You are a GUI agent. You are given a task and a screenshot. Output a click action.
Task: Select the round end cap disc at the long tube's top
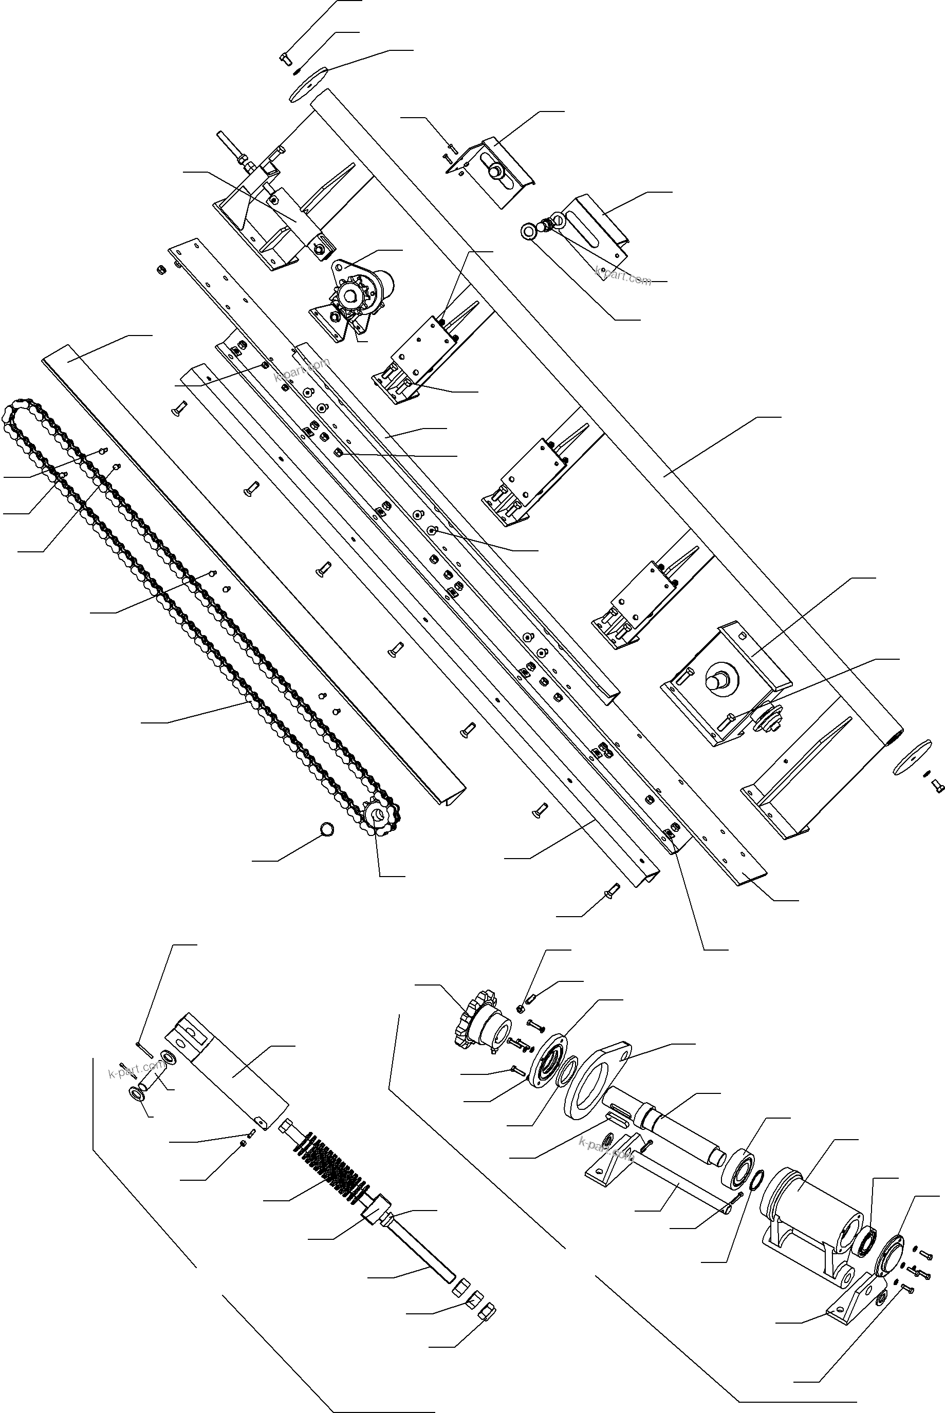[x=308, y=84]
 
